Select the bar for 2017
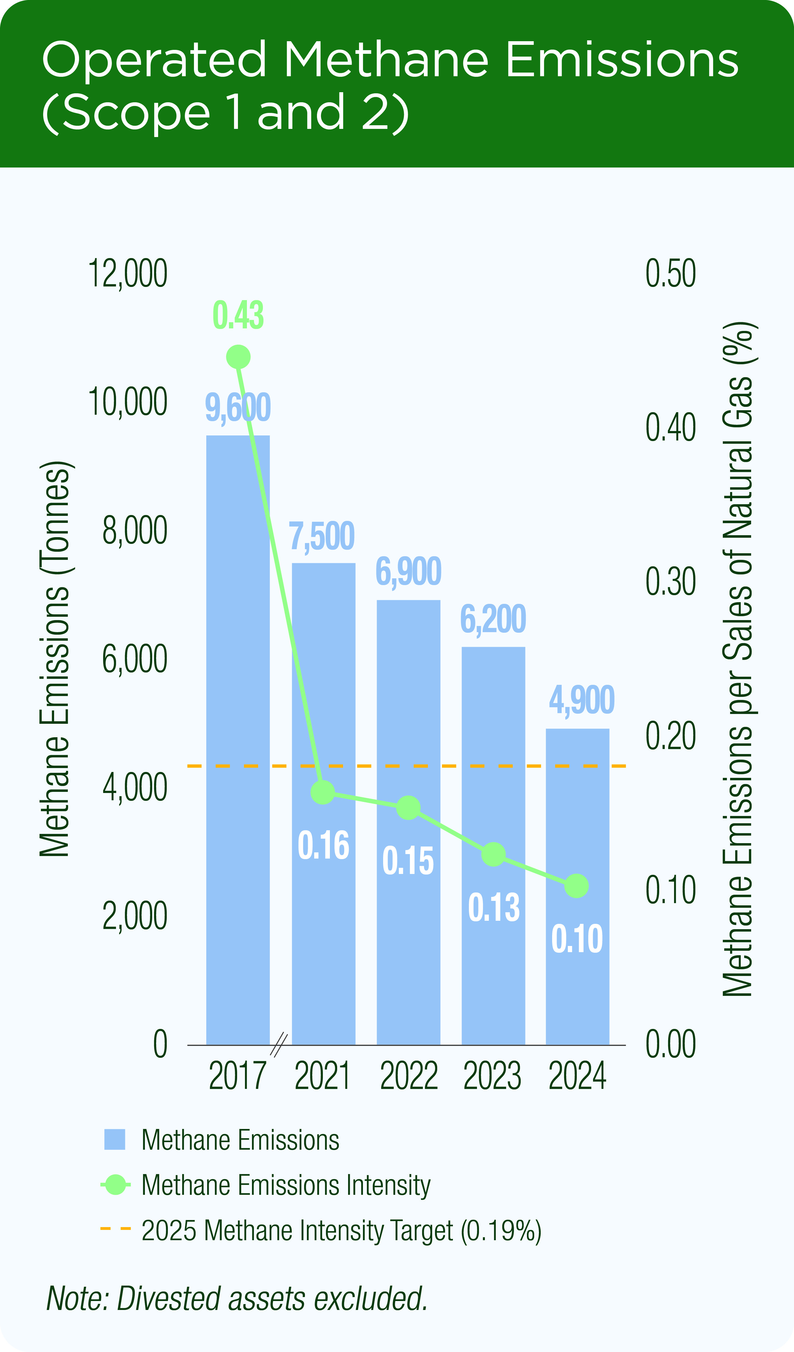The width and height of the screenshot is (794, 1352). (x=238, y=740)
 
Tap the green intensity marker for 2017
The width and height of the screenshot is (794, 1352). (x=238, y=357)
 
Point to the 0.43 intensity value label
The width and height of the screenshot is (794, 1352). (x=238, y=316)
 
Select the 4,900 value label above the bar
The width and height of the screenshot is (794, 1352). (x=582, y=700)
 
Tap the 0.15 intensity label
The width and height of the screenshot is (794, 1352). (x=408, y=862)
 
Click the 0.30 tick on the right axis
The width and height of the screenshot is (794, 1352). (x=671, y=582)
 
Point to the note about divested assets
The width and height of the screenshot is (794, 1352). (x=237, y=1299)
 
